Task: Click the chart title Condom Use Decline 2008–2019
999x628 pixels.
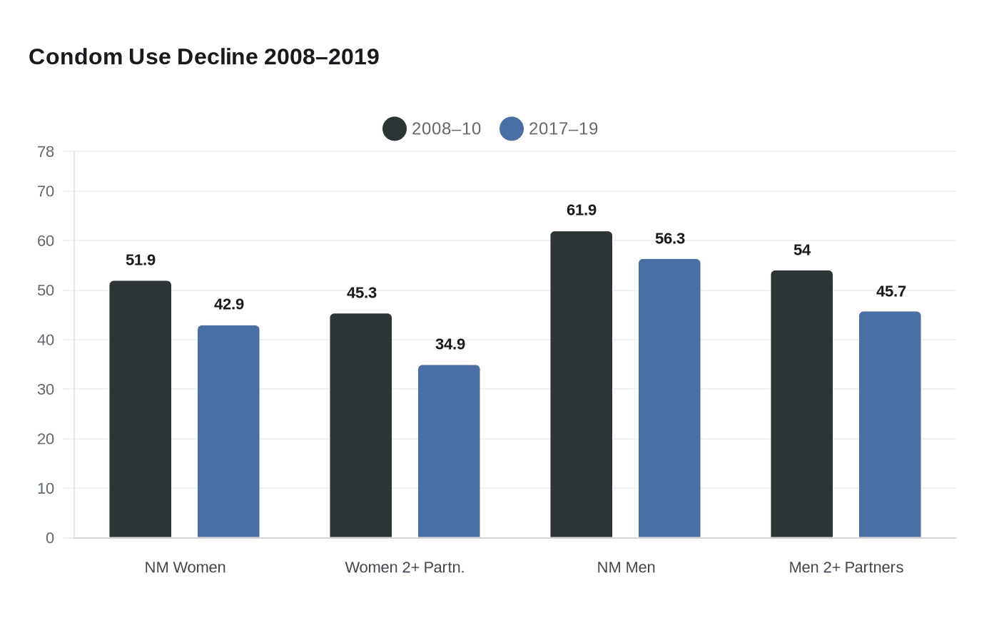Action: coord(204,57)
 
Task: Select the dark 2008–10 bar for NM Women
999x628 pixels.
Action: coord(140,410)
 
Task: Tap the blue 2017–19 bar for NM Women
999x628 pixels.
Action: coord(228,432)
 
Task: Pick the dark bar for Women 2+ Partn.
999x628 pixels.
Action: coord(360,426)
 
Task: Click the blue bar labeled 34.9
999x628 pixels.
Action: coord(449,452)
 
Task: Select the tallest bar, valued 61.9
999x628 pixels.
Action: coord(581,385)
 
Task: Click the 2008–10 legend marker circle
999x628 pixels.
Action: coord(395,129)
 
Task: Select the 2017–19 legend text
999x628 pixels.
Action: coord(563,129)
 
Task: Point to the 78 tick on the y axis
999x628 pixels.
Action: coord(46,152)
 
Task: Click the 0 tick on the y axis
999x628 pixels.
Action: coord(50,538)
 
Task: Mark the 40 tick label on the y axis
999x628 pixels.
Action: coord(46,340)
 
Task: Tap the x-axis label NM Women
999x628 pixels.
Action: coord(185,567)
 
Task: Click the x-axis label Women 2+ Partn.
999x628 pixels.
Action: coord(405,567)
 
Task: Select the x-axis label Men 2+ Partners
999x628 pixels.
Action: coord(846,567)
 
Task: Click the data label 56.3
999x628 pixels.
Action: coord(669,239)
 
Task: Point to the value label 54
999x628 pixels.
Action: coord(801,250)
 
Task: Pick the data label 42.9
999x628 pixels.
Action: coord(228,305)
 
